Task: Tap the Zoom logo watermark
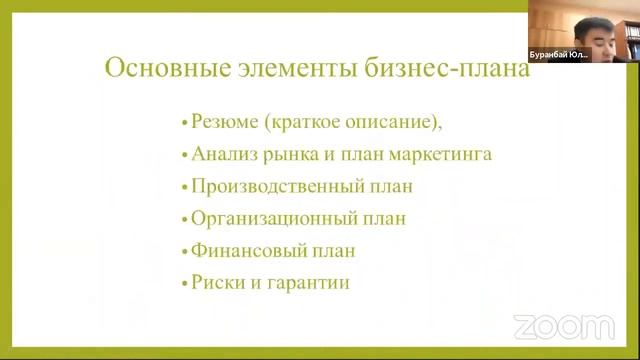click(563, 327)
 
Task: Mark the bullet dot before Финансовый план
click(184, 252)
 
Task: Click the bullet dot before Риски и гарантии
click(184, 284)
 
